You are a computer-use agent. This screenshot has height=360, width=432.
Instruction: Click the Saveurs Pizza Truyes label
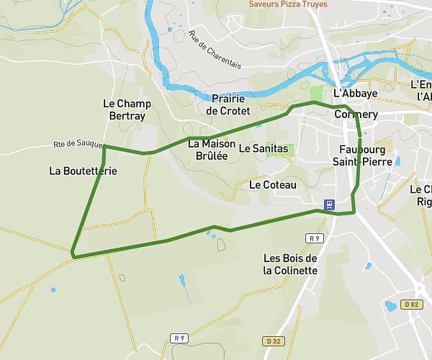pos(288,4)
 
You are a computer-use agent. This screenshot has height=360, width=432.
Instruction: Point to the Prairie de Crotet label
pos(228,104)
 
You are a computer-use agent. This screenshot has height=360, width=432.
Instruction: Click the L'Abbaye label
pos(356,94)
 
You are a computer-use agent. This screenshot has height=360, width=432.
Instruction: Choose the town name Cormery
pos(356,114)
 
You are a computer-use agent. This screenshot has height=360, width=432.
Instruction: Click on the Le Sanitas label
pos(263,149)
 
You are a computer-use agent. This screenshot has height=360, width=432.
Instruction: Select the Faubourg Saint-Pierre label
pos(366,156)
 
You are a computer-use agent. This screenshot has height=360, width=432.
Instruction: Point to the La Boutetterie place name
pos(83,171)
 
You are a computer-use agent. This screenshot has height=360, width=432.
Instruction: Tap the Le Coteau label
pos(272,185)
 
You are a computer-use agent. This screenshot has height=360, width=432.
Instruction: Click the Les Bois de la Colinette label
pos(290,264)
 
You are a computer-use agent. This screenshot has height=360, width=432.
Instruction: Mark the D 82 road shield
pos(412,305)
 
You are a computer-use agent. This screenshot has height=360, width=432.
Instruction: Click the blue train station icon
pos(329,204)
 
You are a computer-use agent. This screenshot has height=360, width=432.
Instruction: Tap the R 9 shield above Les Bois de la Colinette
pos(312,238)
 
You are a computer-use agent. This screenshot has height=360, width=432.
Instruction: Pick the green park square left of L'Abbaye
pos(317,94)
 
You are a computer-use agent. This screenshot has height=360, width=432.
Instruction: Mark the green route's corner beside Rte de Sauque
pos(105,147)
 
